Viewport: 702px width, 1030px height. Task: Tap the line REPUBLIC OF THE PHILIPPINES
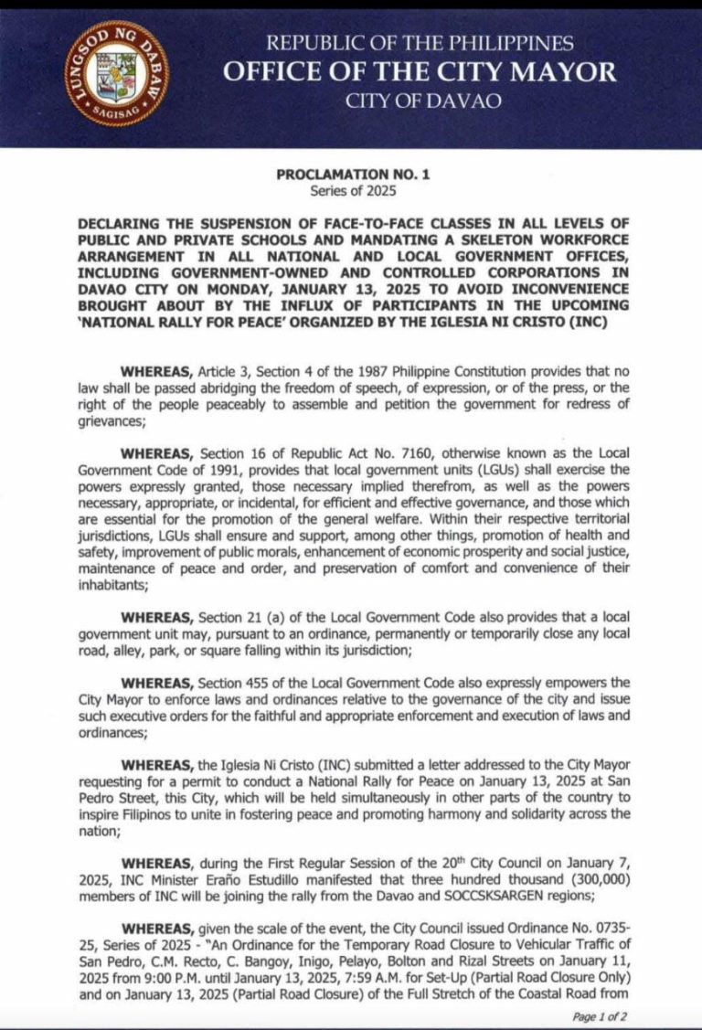[420, 42]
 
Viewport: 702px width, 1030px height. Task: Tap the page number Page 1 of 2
[599, 1015]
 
